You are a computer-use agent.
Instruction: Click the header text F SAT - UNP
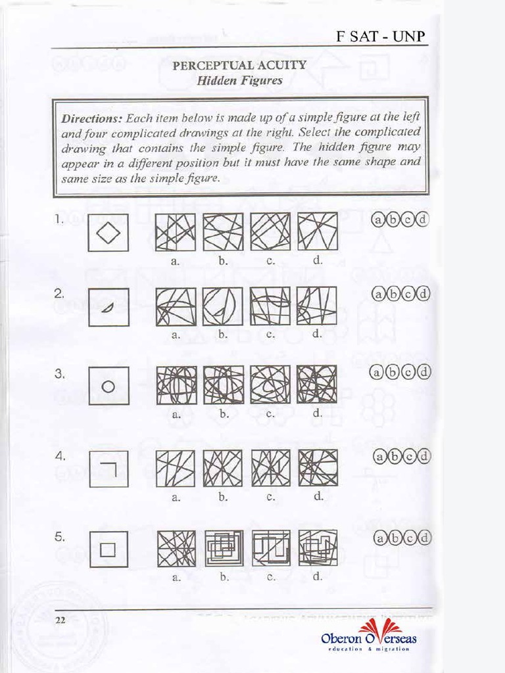pyautogui.click(x=381, y=37)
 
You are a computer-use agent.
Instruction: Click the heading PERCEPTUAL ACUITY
pyautogui.click(x=239, y=65)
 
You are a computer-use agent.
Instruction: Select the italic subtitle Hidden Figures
pyautogui.click(x=240, y=81)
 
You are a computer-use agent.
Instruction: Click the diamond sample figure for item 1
pyautogui.click(x=108, y=232)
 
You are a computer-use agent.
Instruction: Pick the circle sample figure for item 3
pyautogui.click(x=108, y=386)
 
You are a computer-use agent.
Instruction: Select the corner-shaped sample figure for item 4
pyautogui.click(x=108, y=468)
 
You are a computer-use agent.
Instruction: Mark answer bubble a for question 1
pyautogui.click(x=379, y=220)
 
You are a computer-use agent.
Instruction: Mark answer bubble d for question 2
pyautogui.click(x=423, y=294)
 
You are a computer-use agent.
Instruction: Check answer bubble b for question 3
pyautogui.click(x=394, y=373)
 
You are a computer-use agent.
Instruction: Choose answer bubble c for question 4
pyautogui.click(x=409, y=456)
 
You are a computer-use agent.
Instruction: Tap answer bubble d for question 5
pyautogui.click(x=424, y=539)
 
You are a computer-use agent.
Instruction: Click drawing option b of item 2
pyautogui.click(x=222, y=306)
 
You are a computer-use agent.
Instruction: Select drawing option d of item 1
pyautogui.click(x=318, y=231)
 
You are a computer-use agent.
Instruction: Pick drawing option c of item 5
pyautogui.click(x=270, y=548)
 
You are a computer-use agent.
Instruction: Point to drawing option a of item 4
pyautogui.click(x=176, y=468)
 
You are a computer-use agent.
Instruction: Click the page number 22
pyautogui.click(x=61, y=621)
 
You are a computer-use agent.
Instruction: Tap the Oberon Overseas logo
pyautogui.click(x=369, y=636)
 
